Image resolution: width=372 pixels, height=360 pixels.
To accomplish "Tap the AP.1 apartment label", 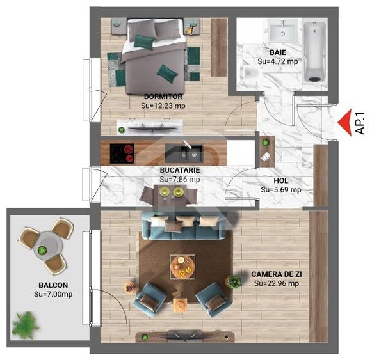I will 360,121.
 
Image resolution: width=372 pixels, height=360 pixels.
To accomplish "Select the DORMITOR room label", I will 163,97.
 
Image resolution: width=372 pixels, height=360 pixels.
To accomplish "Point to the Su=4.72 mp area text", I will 278,62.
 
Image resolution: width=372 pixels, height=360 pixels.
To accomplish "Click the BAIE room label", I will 277,52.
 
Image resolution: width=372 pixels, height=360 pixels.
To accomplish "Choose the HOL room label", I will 280,180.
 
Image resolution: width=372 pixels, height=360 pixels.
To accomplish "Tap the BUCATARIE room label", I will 180,171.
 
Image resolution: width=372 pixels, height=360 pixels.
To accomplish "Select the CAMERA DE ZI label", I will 276,273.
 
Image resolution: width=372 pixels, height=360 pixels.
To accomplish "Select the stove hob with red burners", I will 122,153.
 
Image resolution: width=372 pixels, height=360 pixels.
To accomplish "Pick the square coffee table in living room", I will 182,267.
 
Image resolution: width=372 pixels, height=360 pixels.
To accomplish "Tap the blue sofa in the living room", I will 182,223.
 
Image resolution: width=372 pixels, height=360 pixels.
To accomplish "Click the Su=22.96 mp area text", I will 277,283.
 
